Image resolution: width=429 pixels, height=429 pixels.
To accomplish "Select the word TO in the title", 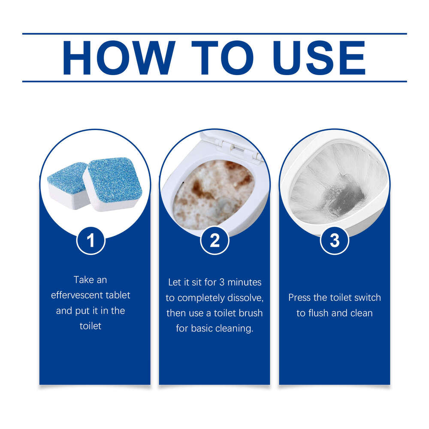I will point(222,57).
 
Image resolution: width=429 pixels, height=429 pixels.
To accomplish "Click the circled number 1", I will point(91,241).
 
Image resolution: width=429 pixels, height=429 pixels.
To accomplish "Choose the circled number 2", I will point(214,241).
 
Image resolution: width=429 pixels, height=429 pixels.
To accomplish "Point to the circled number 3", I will point(335,241).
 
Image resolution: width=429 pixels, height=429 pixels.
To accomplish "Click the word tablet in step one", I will point(118,295).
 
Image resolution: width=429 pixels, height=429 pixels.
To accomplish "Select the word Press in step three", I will point(299,298).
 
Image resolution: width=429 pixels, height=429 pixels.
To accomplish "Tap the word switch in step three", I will point(368,298).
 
